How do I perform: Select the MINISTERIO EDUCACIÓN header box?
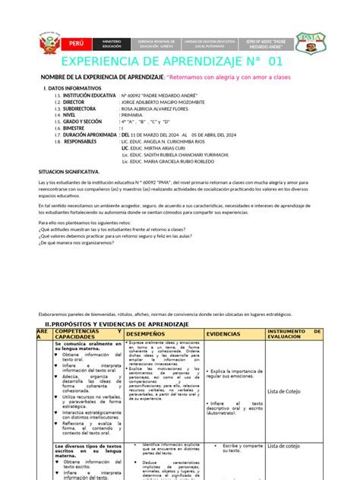[112, 41]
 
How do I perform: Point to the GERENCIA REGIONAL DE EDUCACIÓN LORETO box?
[159, 41]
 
